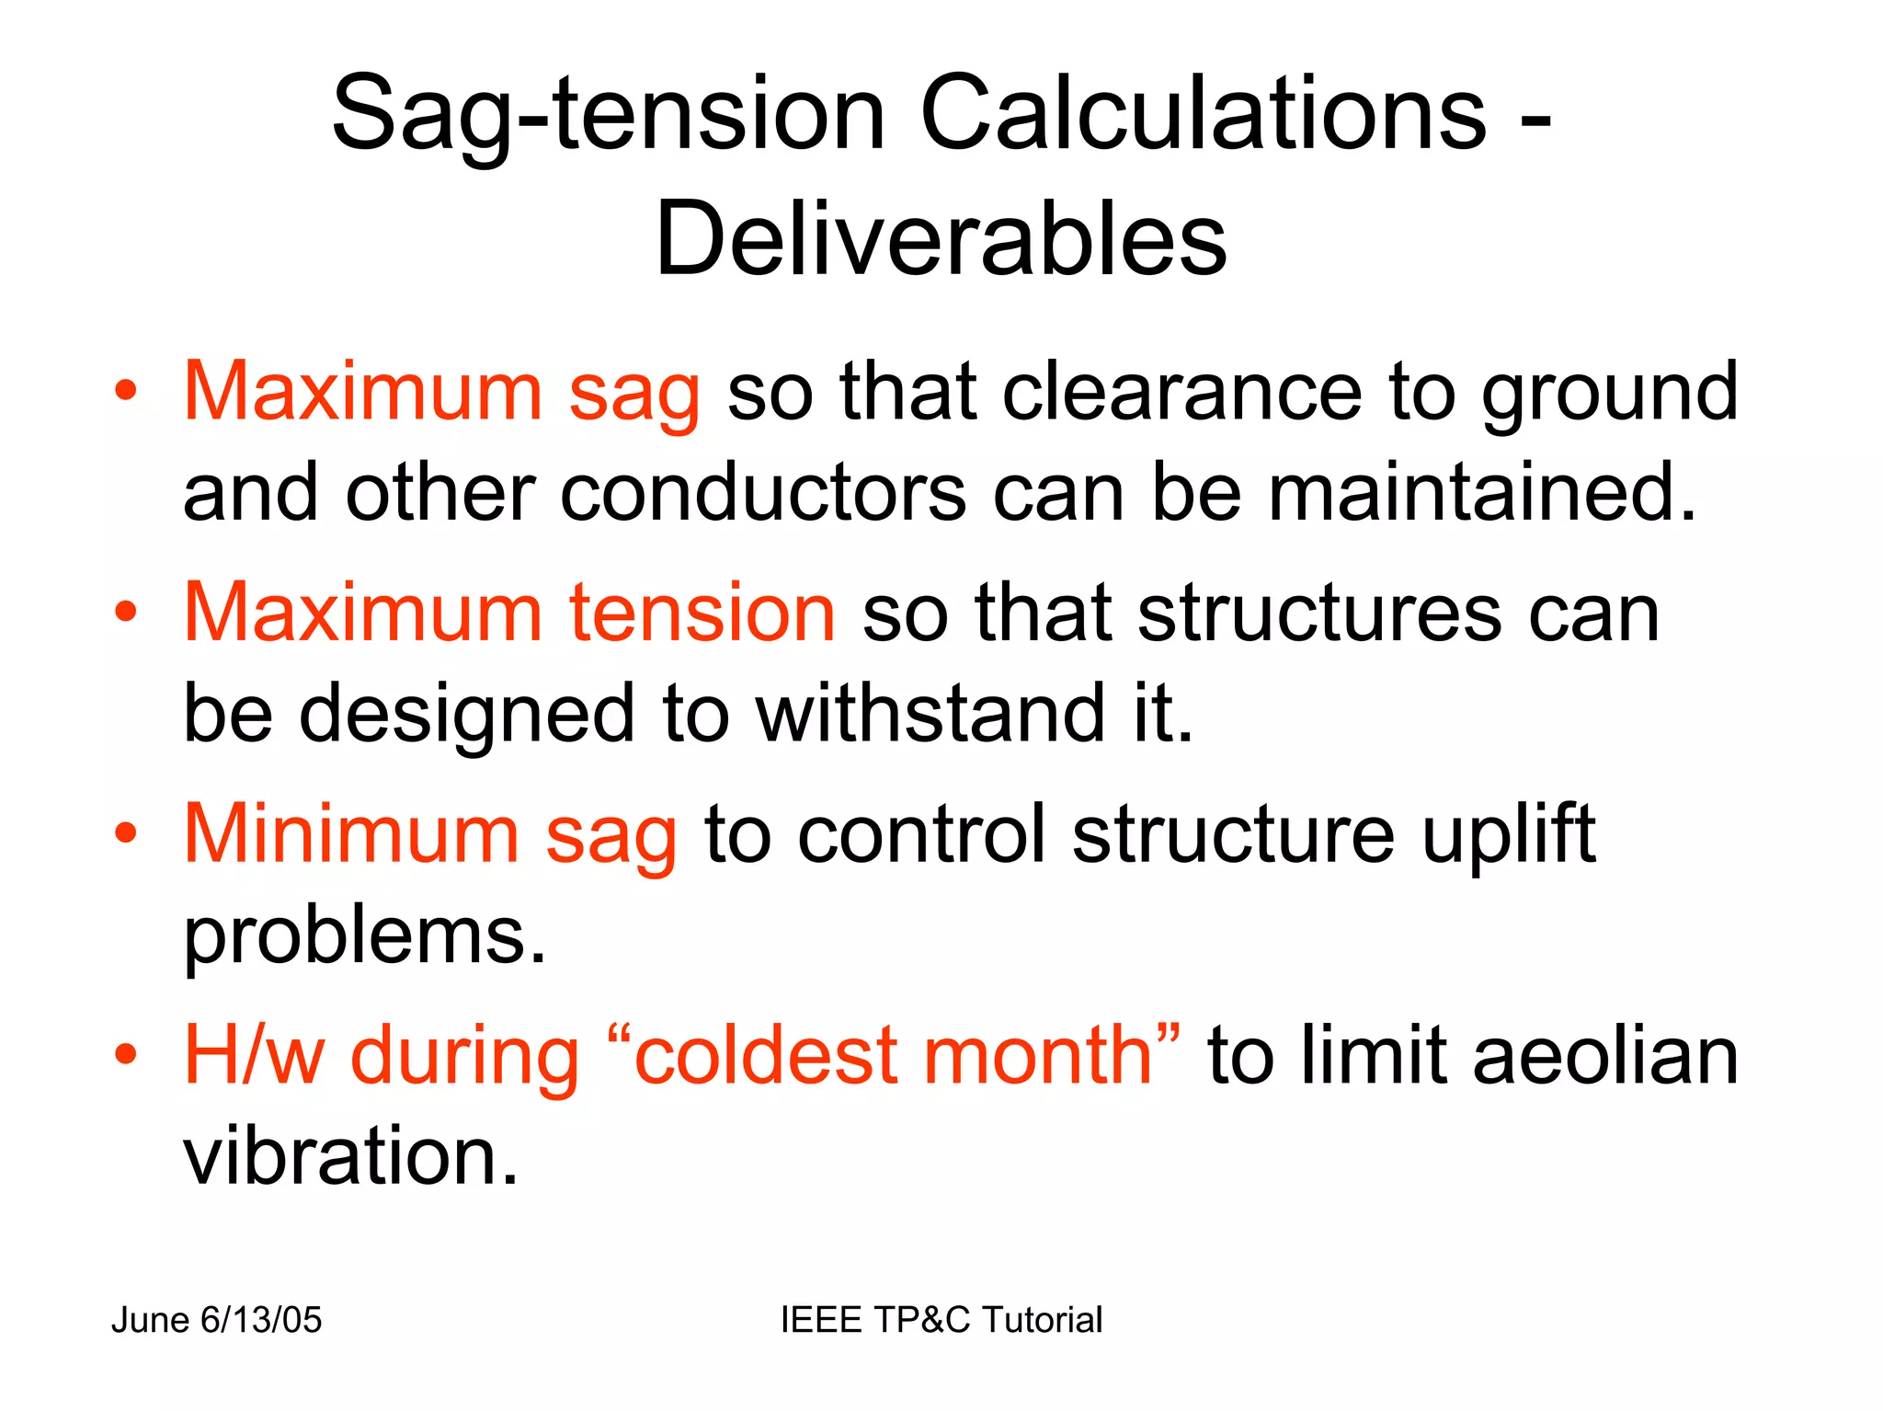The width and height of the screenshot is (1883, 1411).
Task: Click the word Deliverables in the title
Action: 941,239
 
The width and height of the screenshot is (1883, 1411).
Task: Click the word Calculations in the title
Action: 1203,114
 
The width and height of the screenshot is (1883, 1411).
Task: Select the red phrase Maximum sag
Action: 441,393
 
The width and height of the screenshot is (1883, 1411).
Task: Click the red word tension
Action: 702,614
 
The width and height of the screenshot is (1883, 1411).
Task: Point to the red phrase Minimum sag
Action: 430,834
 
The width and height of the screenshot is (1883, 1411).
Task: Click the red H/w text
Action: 254,1055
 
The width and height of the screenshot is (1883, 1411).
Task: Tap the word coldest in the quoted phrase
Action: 766,1055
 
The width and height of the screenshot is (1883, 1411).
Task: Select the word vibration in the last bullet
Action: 350,1156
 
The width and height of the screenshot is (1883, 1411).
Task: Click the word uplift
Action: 1508,834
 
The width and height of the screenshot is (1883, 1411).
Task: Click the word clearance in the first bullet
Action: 1181,393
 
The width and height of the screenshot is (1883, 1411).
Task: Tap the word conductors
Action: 762,494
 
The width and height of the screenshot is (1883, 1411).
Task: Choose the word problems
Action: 364,937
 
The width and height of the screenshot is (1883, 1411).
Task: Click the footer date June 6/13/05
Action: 216,1320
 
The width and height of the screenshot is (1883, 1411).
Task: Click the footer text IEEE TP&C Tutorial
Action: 941,1320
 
